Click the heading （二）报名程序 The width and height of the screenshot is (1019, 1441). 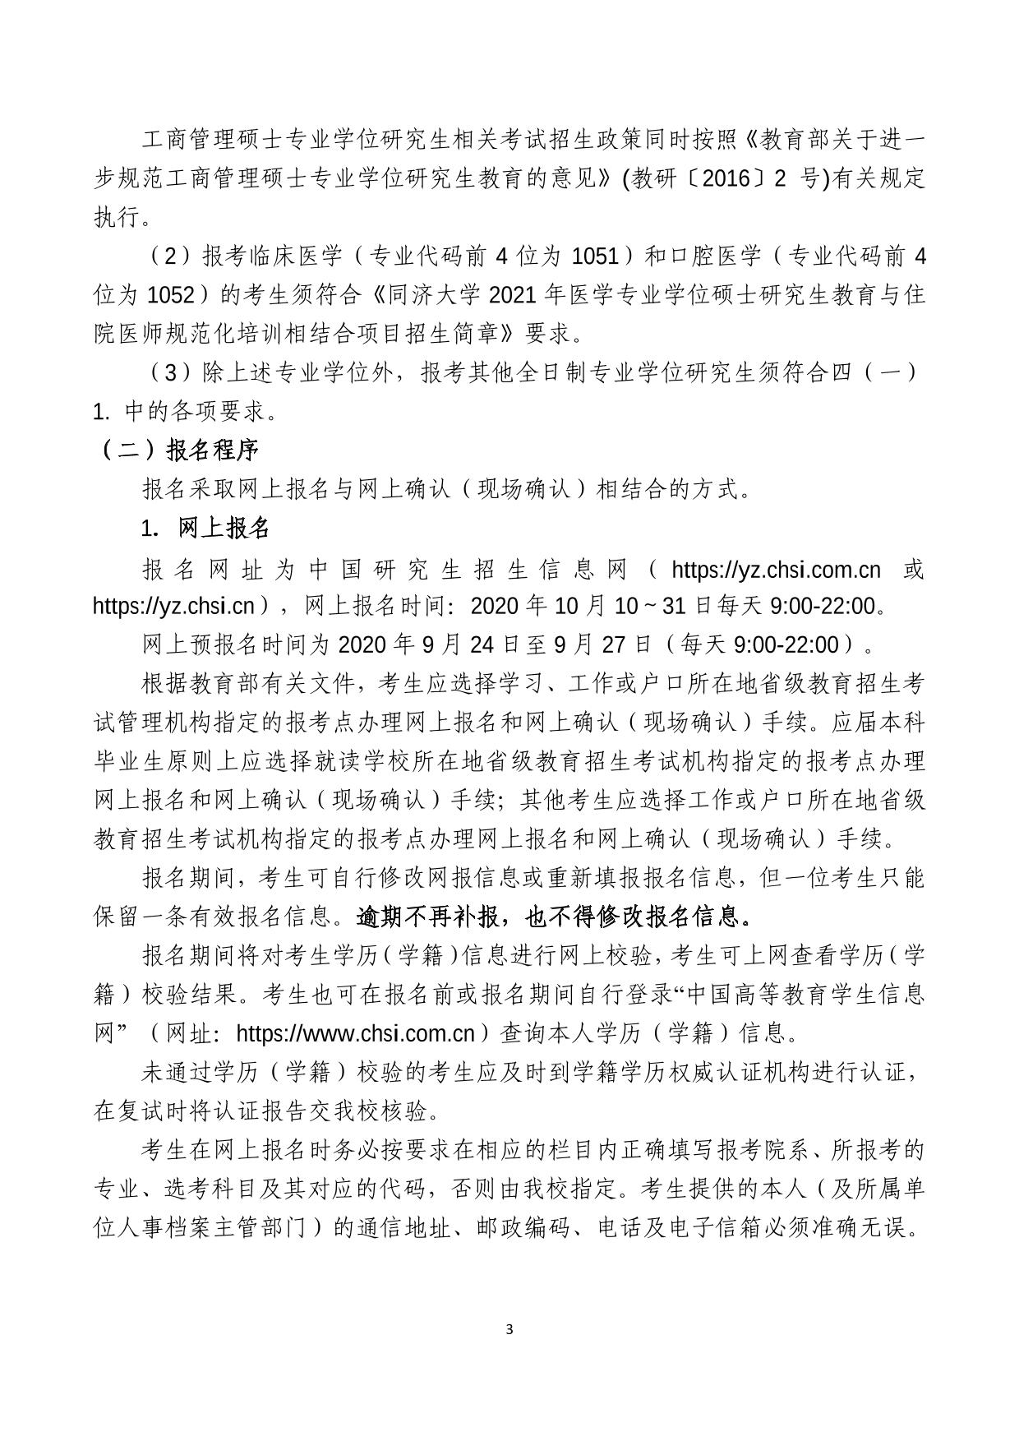tap(179, 450)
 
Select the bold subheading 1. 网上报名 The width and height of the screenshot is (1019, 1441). tap(206, 528)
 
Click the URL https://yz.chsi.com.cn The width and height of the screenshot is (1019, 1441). tap(776, 569)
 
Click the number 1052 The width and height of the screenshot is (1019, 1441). tap(171, 294)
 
